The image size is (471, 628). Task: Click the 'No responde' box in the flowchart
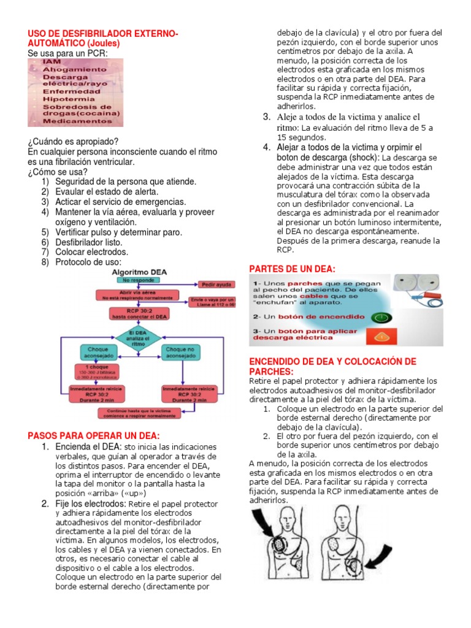(139, 280)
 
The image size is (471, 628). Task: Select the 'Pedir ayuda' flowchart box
(215, 285)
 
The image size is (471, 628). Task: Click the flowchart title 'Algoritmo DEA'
(139, 271)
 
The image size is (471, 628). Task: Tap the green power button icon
(383, 317)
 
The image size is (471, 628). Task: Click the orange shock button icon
(383, 336)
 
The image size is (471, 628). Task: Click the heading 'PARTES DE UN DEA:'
(292, 269)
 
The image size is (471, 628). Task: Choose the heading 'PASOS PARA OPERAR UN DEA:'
(93, 435)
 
